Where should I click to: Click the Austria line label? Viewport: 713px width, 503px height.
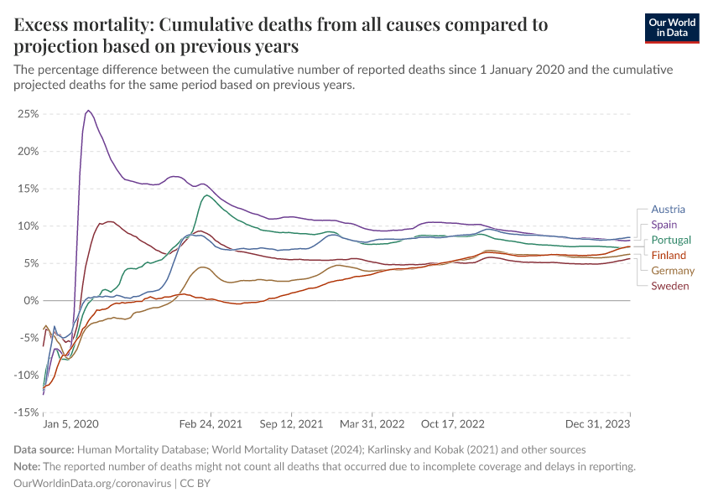click(x=668, y=210)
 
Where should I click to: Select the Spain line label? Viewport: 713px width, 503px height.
click(x=664, y=225)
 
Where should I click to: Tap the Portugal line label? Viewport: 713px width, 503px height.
click(x=671, y=240)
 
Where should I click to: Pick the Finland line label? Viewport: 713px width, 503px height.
click(x=669, y=255)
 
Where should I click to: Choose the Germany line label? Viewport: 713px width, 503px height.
click(x=673, y=270)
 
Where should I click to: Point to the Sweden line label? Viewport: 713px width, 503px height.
click(x=670, y=286)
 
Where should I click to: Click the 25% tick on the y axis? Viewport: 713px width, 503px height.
click(x=29, y=113)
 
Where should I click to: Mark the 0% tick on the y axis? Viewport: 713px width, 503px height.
click(x=31, y=300)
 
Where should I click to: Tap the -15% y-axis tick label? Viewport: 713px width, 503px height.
click(x=27, y=412)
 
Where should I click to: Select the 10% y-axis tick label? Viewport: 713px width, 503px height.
click(x=29, y=226)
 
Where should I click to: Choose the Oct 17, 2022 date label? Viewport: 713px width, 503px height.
click(x=453, y=425)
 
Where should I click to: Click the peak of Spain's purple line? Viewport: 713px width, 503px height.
click(x=88, y=110)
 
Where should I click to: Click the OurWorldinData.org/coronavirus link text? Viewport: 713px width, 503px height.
click(x=91, y=484)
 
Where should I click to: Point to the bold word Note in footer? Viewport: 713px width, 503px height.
click(x=28, y=466)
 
